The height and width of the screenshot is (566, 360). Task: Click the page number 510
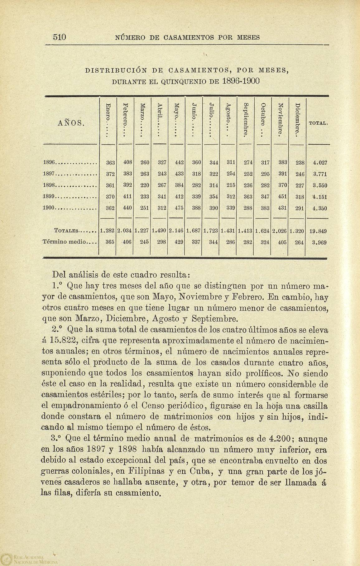coord(59,37)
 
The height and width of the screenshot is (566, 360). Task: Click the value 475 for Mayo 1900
coord(178,209)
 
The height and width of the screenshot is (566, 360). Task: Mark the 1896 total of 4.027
coord(319,162)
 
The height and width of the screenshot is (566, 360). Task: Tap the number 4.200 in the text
coord(280,439)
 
